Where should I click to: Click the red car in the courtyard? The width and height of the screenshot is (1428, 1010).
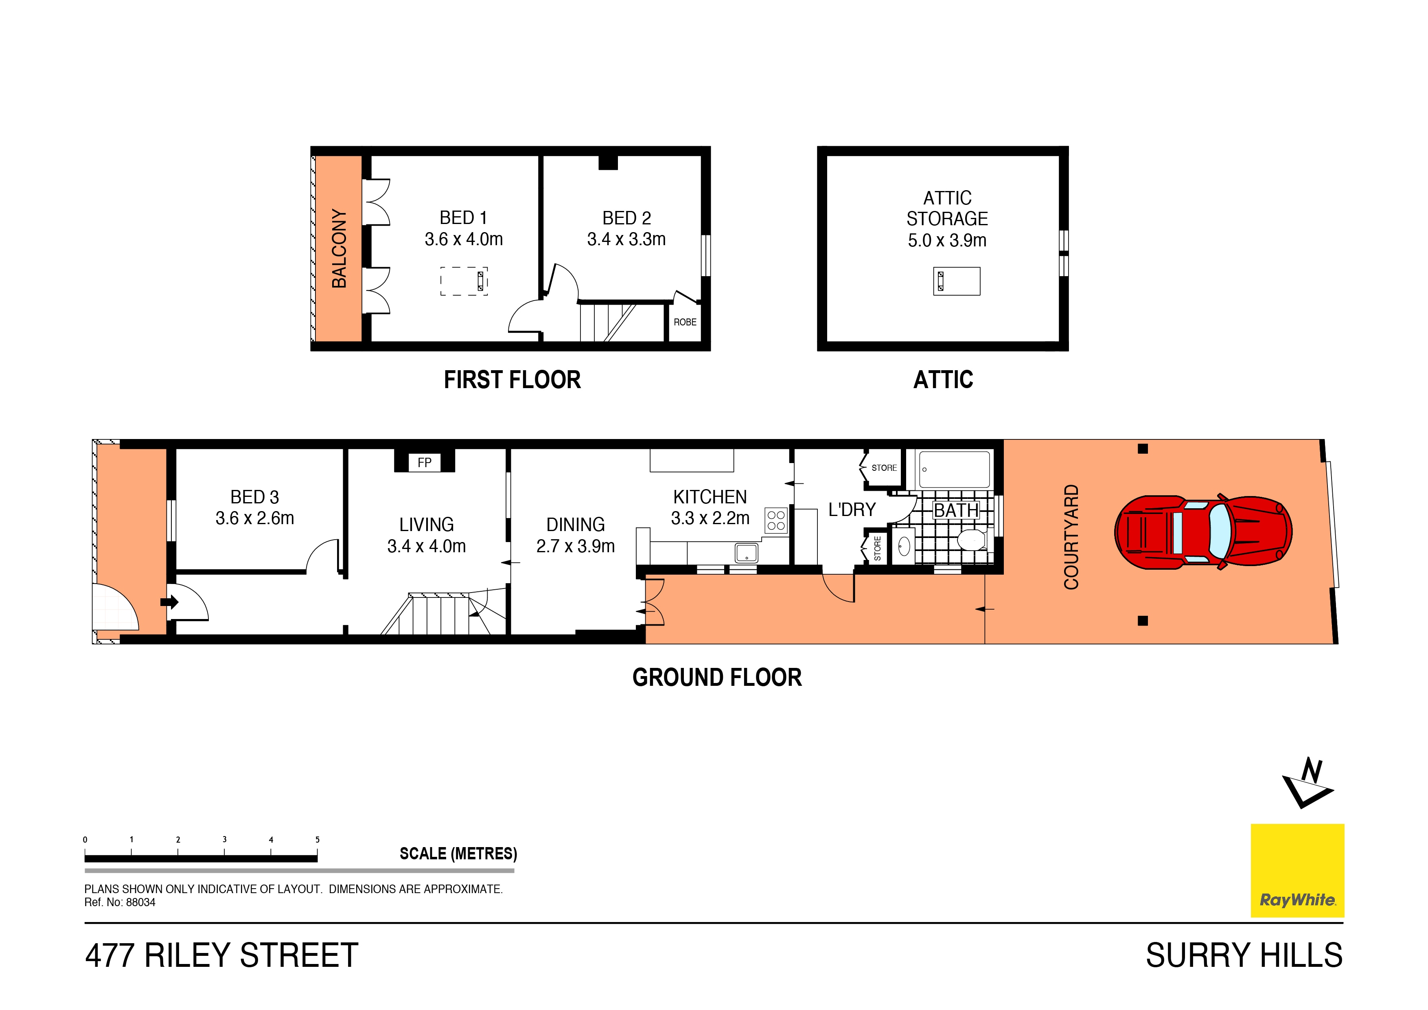[1203, 532]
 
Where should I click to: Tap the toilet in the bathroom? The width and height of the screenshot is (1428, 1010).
[972, 540]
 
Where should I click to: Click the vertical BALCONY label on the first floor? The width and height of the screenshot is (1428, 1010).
[339, 248]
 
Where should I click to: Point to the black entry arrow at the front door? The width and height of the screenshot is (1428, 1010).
[169, 602]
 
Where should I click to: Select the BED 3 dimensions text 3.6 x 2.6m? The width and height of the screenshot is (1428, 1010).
[254, 518]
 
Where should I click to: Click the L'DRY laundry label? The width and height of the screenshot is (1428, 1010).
[852, 509]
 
